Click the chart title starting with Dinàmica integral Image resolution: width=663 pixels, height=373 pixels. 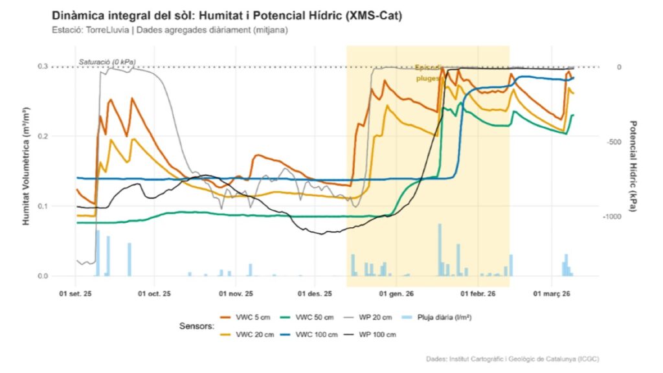[x=226, y=16]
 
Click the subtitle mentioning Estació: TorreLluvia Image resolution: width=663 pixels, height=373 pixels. [x=169, y=30]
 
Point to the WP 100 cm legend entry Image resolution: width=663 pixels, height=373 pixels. [x=374, y=334]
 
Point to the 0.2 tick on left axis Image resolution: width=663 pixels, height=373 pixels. [x=61, y=137]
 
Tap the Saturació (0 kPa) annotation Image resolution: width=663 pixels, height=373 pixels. [x=106, y=62]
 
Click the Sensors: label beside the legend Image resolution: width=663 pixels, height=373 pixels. [x=197, y=326]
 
